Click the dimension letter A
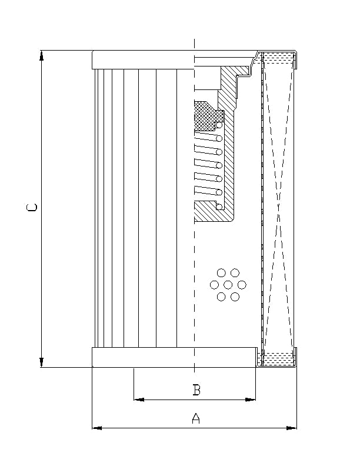click(x=196, y=418)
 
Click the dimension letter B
click(x=197, y=390)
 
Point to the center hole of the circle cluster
click(x=228, y=285)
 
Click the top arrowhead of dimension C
click(x=42, y=56)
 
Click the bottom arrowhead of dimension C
click(x=42, y=362)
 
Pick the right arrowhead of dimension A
click(x=292, y=428)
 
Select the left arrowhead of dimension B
click(x=139, y=400)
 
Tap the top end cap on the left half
click(x=143, y=60)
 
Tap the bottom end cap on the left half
click(x=143, y=358)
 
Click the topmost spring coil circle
click(x=219, y=125)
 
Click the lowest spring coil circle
click(x=219, y=206)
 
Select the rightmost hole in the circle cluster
click(x=242, y=285)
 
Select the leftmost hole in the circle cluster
click(x=214, y=285)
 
